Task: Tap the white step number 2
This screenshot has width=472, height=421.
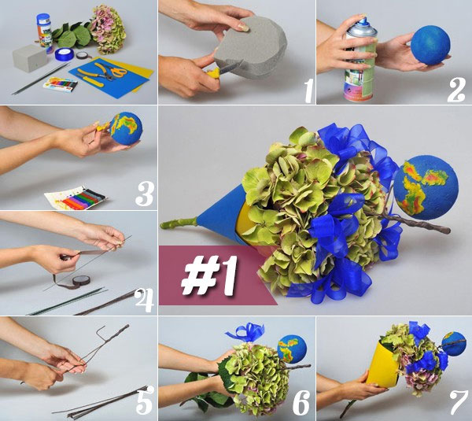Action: point(456,90)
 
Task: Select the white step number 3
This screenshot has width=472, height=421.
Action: point(145,194)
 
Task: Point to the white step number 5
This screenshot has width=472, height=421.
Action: point(145,401)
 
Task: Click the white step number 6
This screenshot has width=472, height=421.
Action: point(301,402)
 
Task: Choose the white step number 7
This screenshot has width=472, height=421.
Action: point(458,402)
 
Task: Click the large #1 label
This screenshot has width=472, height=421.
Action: point(209,275)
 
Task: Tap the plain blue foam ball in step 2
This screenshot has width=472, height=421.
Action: point(430,46)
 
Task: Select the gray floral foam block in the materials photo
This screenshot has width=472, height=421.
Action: point(30,58)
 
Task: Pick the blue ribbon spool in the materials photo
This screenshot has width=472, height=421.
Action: point(65,54)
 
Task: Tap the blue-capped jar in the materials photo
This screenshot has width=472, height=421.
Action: point(44,30)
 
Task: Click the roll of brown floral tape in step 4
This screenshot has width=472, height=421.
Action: point(81,281)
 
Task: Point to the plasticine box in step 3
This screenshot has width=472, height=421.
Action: point(76,198)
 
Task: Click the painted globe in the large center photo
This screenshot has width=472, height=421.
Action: point(426,187)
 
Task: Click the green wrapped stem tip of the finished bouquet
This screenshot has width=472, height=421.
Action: point(179,223)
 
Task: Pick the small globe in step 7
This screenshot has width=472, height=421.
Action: point(454,344)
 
